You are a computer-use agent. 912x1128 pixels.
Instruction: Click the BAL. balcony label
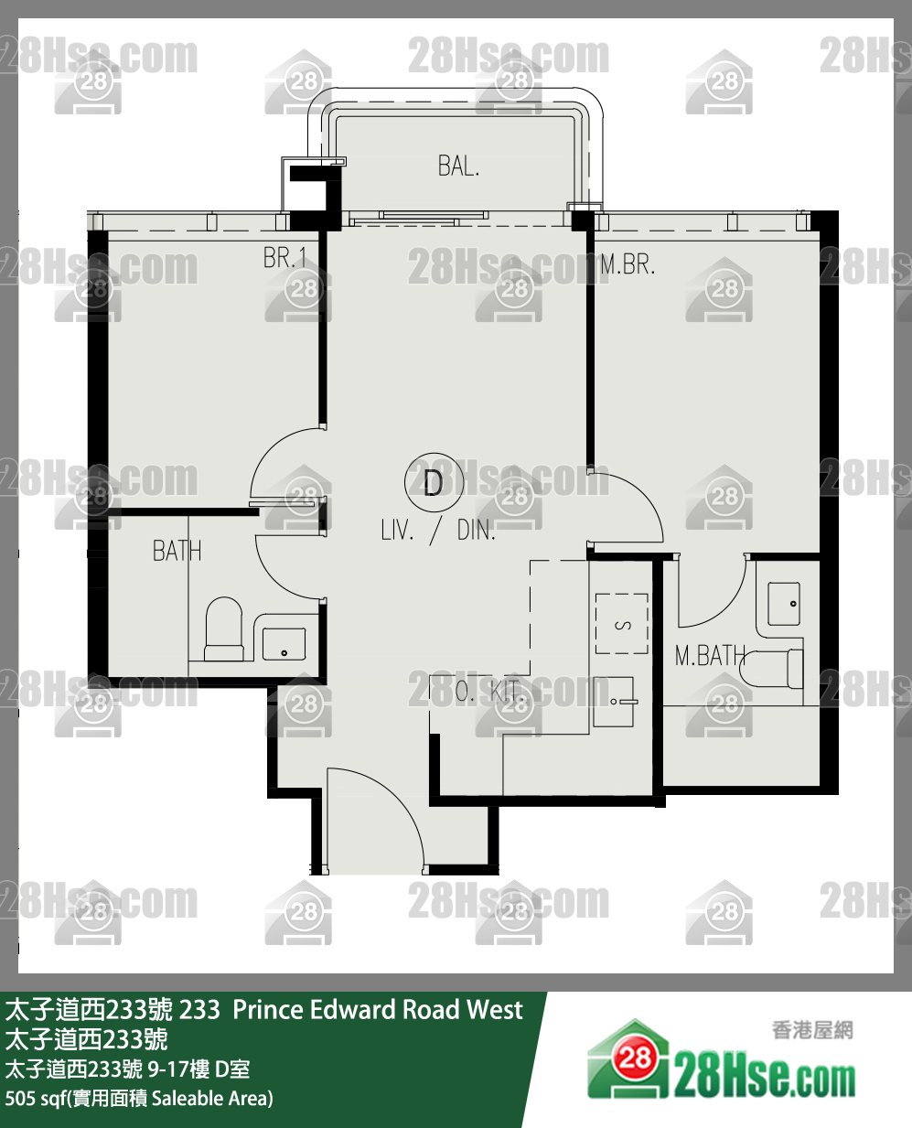[x=458, y=166]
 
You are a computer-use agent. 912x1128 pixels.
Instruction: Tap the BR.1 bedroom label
[x=284, y=258]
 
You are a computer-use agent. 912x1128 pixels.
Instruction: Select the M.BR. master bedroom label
[x=628, y=263]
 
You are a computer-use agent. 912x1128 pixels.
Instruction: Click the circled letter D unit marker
[x=434, y=482]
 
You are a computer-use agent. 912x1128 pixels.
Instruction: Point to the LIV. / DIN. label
[x=438, y=530]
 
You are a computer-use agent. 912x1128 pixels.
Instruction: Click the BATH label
[x=177, y=551]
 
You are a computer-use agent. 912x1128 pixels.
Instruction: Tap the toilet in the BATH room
[x=224, y=628]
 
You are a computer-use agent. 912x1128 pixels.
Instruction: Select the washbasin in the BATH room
[x=284, y=644]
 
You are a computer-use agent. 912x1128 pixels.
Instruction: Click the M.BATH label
[x=710, y=656]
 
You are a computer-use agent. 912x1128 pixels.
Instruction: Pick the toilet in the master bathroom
[x=771, y=669]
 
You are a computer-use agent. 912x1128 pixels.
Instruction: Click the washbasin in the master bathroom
[x=784, y=604]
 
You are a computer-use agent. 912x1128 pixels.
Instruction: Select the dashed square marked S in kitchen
[x=622, y=624]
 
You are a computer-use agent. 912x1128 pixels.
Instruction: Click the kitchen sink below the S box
[x=613, y=701]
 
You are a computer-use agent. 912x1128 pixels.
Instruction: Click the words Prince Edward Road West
[x=378, y=1009]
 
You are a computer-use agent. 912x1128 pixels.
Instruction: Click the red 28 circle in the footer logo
[x=635, y=1058]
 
